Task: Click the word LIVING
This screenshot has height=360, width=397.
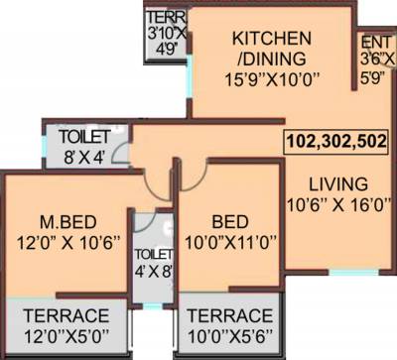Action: [x=337, y=184]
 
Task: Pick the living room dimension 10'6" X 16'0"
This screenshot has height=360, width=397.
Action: [x=337, y=205]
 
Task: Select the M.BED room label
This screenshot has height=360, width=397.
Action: [x=65, y=219]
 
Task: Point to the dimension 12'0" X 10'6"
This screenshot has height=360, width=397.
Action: [x=65, y=240]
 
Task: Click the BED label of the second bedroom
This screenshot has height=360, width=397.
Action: [x=227, y=219]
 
